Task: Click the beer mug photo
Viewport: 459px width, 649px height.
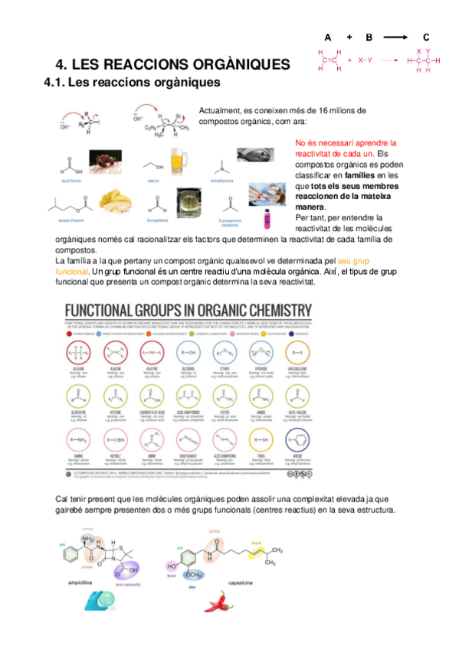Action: click(179, 159)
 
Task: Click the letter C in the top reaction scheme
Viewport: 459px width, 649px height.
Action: click(426, 37)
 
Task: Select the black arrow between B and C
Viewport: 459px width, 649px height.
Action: click(396, 37)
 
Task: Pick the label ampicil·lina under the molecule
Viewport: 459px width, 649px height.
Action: click(81, 582)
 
